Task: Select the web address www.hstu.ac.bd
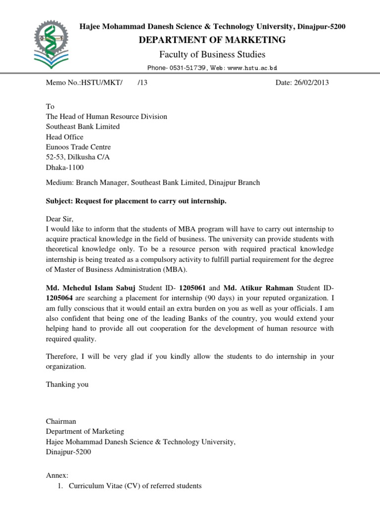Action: pos(252,68)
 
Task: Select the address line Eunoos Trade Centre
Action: pos(78,147)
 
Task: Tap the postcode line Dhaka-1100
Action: pos(65,167)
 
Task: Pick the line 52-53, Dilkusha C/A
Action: pos(78,157)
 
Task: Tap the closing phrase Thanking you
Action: pos(67,384)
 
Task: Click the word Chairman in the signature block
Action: pos(61,421)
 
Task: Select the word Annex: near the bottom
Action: pos(57,475)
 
